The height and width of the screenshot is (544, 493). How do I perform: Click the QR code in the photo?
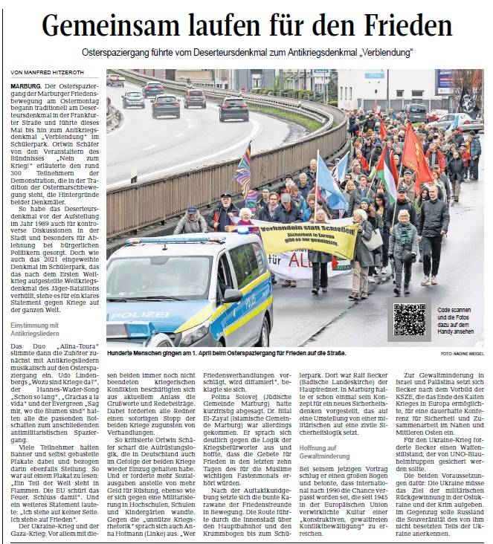[410, 319]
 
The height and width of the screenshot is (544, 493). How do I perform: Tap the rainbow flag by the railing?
[244, 168]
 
